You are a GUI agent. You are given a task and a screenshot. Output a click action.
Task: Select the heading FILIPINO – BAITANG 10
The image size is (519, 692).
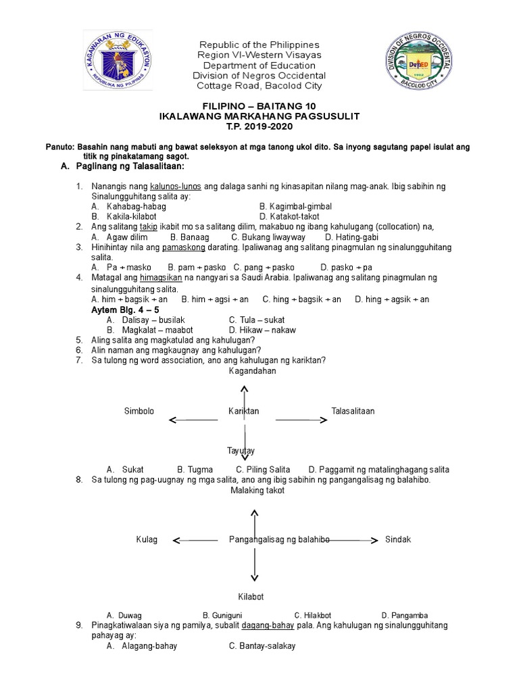tap(259, 107)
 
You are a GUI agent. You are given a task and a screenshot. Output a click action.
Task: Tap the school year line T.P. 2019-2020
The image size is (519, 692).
tap(259, 126)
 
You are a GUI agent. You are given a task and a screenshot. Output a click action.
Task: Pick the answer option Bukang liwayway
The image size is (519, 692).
tap(268, 237)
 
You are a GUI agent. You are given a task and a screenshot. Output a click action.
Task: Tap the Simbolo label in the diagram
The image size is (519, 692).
tap(139, 411)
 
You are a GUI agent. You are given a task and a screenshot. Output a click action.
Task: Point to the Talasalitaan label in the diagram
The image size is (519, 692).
tap(353, 411)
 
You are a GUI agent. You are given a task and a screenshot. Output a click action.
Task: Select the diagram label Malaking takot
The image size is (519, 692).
tap(257, 491)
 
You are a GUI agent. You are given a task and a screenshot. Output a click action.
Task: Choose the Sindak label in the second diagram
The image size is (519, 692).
tap(398, 539)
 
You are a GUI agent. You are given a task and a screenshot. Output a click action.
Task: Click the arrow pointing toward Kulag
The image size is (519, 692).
tap(196, 540)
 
